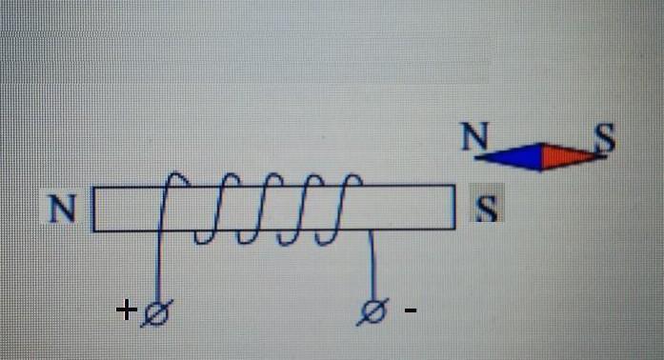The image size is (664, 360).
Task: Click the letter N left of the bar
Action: click(63, 209)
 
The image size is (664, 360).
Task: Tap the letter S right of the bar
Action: click(487, 208)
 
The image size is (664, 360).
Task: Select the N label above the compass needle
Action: click(474, 136)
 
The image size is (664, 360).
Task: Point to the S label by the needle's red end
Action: click(604, 137)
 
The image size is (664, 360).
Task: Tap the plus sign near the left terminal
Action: click(126, 310)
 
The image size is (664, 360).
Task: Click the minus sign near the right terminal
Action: click(411, 310)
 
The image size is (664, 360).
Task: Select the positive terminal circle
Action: click(156, 313)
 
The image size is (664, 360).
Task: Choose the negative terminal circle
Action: click(372, 312)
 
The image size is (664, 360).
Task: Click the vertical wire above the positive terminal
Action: click(159, 267)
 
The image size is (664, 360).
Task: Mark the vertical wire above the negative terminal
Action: click(373, 266)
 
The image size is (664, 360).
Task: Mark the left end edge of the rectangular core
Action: click(93, 210)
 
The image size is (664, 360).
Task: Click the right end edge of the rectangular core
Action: click(454, 207)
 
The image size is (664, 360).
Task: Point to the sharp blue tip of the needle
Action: click(476, 157)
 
